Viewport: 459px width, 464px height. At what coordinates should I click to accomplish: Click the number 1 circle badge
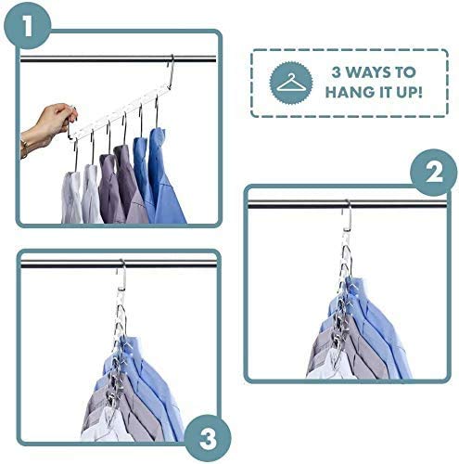pyautogui.click(x=33, y=30)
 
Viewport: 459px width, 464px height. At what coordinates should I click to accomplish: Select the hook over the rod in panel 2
pyautogui.click(x=345, y=216)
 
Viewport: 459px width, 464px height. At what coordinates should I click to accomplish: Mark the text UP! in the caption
pyautogui.click(x=407, y=93)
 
